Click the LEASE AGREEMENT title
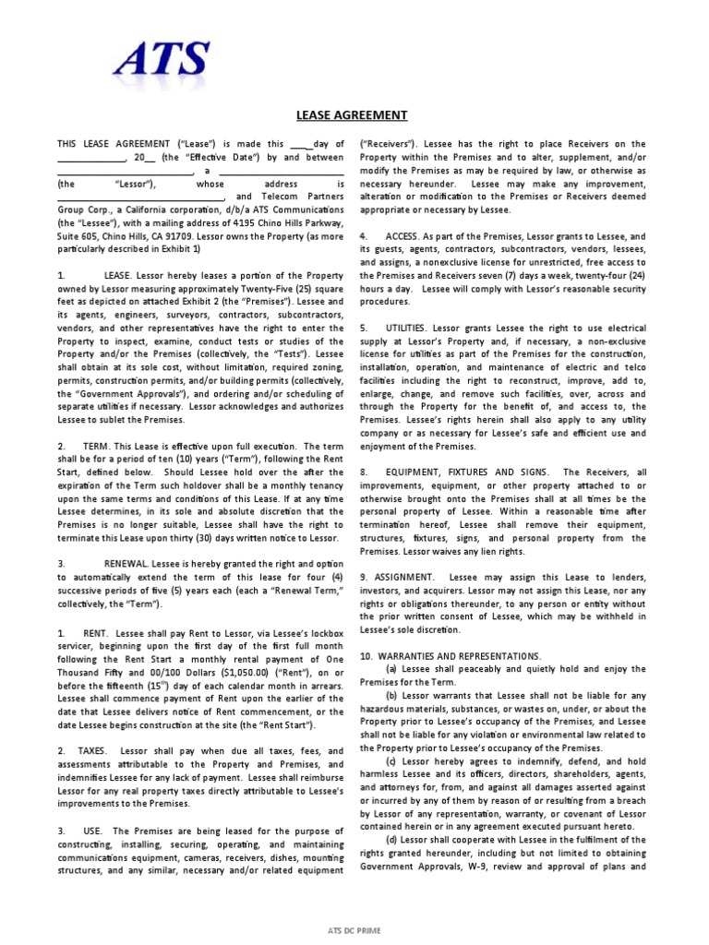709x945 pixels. coord(351,115)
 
